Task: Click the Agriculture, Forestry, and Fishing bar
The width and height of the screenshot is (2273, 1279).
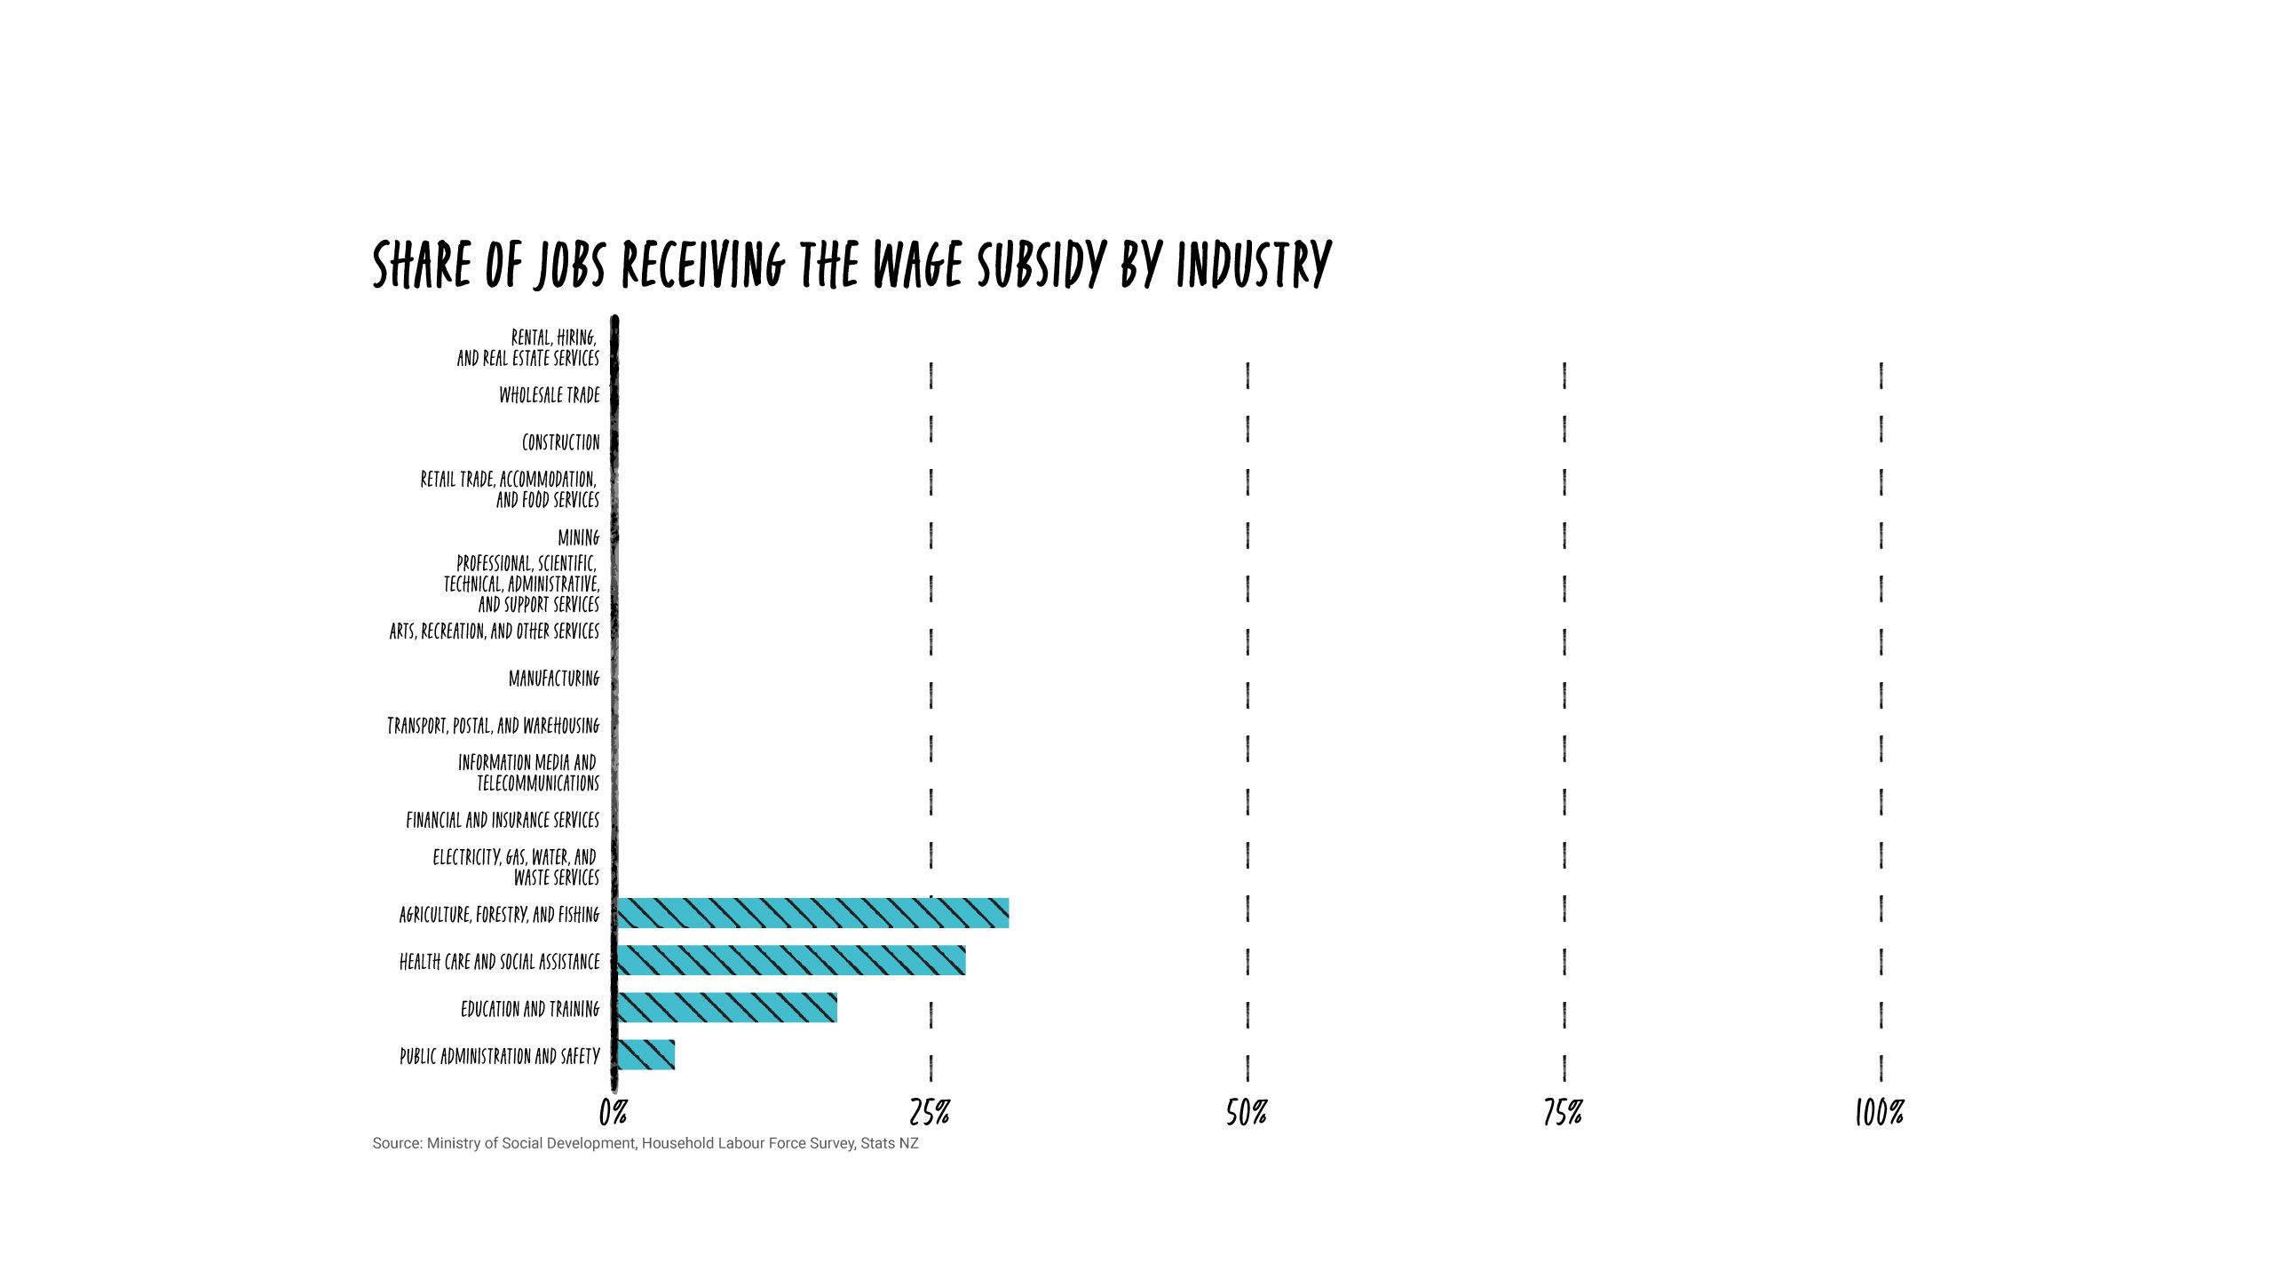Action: [812, 913]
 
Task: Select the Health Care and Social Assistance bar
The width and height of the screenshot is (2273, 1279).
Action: [790, 960]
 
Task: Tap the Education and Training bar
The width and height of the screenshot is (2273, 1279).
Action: [726, 1007]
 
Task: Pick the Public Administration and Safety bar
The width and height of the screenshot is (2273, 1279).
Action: [645, 1054]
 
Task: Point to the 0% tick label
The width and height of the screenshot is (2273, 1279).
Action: [614, 1112]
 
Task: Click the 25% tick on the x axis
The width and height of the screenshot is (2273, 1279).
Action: [930, 1112]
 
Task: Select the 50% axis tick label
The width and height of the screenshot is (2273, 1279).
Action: [1247, 1112]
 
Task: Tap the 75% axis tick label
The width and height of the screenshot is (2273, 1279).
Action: [1563, 1112]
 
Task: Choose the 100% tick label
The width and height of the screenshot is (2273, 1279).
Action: [1880, 1112]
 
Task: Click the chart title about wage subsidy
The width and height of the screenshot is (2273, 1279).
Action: [851, 264]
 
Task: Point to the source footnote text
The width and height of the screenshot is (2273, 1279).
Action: [645, 1143]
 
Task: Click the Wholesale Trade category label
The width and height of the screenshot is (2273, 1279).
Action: [550, 395]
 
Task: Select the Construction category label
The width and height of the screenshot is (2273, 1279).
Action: [560, 442]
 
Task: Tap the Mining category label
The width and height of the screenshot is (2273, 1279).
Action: [579, 537]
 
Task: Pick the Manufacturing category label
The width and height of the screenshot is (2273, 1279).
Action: [554, 679]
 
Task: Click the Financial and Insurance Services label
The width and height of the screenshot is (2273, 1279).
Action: [503, 820]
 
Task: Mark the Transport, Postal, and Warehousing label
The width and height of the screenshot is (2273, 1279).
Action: [494, 726]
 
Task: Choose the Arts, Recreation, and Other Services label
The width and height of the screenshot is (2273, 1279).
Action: [495, 632]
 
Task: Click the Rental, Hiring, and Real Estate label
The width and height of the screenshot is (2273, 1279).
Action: [529, 347]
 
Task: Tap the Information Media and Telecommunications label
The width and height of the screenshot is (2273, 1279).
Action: [529, 773]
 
